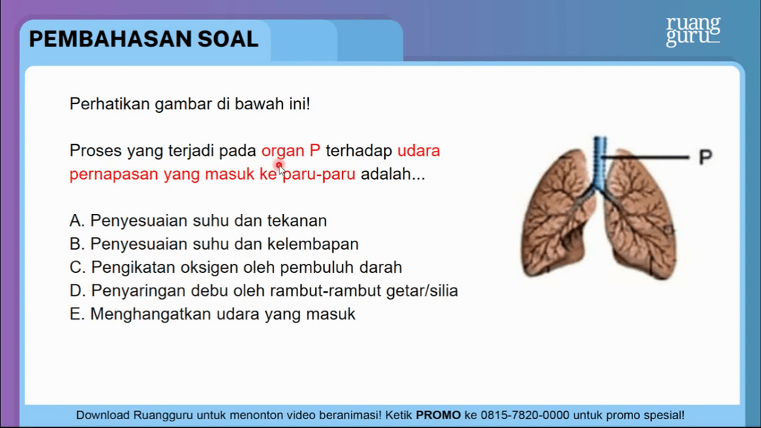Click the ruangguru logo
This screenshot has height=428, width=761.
coord(693,31)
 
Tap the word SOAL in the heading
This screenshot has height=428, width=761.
coord(227,39)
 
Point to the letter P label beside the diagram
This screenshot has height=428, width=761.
coord(705,157)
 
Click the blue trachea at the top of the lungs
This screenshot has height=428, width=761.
coord(600,160)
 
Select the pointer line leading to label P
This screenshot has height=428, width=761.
coord(645,158)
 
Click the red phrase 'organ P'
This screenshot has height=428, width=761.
coord(291,151)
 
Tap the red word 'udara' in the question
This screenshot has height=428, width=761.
coord(418,151)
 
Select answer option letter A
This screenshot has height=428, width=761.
coord(77,221)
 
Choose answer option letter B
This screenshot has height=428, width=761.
coord(77,244)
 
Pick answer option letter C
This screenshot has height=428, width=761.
coord(77,267)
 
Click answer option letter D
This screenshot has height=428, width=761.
coord(77,291)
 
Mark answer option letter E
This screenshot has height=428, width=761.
coord(77,314)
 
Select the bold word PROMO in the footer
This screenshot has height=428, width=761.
coord(438,415)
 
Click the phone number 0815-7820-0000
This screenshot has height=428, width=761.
coord(525,415)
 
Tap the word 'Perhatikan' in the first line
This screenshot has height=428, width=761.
coord(110,104)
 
